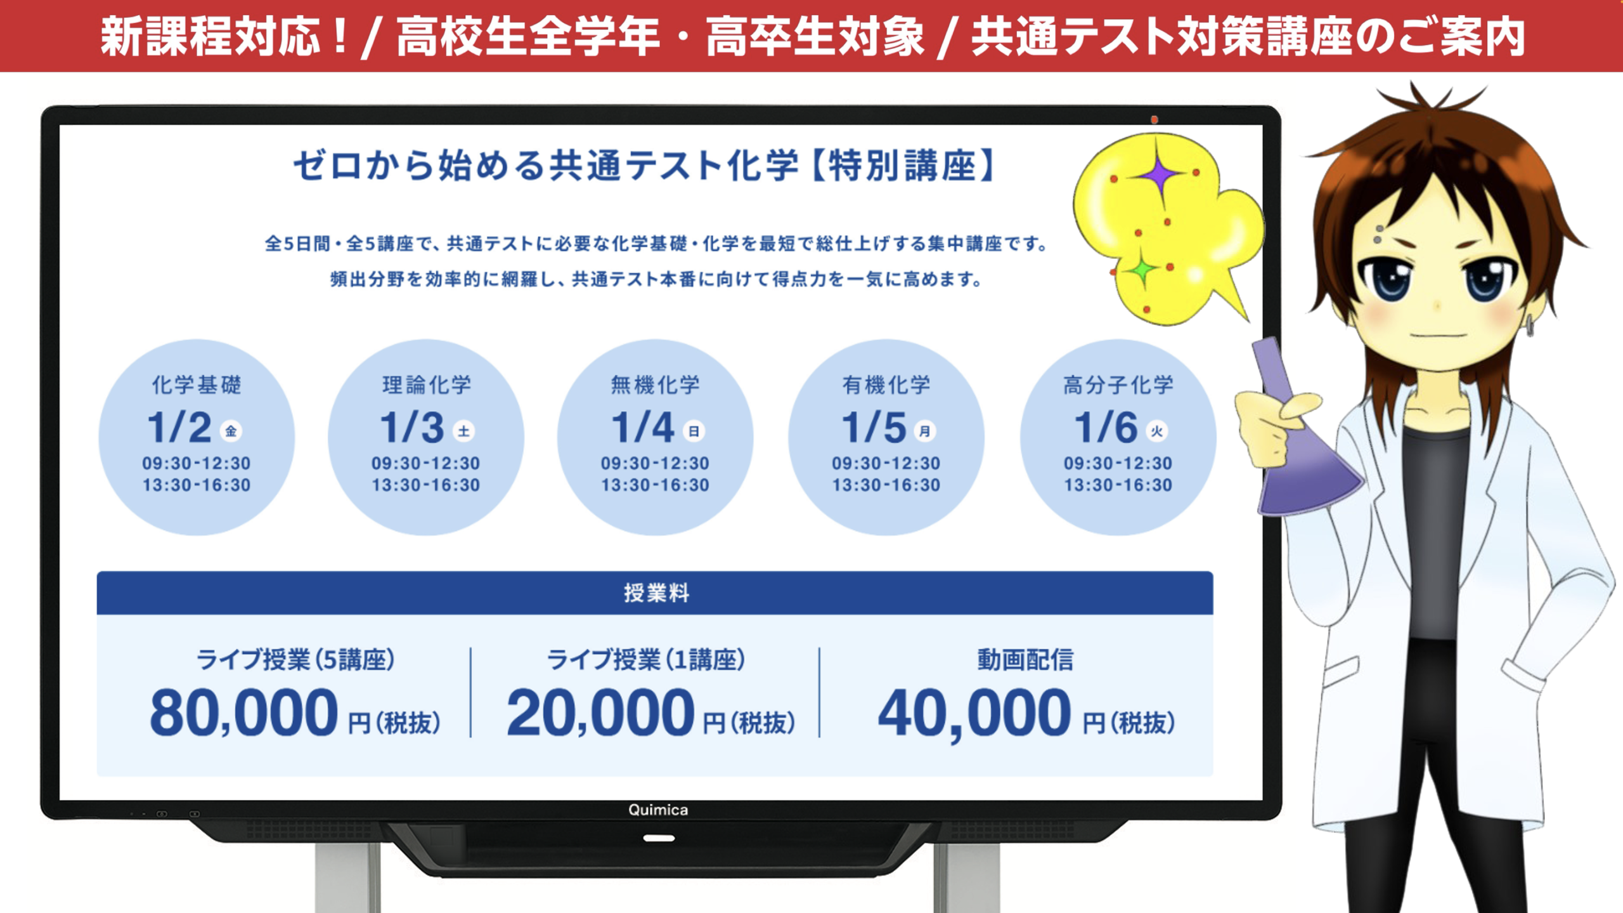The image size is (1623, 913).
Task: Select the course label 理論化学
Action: coord(427,384)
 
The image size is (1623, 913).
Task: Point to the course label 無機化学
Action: coord(655,384)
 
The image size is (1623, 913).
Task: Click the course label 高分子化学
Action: coord(1118,384)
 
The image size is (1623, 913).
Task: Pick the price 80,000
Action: coord(244,713)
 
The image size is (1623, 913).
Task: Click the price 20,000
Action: coord(600,713)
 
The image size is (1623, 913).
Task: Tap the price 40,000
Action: coord(974,713)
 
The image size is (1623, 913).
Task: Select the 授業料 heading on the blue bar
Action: coord(656,593)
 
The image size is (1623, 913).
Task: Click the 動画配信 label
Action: coord(1025,660)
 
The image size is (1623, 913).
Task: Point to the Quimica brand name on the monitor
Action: coord(657,810)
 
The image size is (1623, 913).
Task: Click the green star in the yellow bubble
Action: coord(1142,271)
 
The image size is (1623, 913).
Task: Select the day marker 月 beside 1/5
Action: coord(925,431)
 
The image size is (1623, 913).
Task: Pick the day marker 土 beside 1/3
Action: coord(463,431)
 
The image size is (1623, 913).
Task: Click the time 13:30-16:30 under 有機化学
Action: coord(886,485)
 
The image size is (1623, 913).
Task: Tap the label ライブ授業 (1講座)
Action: coord(645,660)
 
